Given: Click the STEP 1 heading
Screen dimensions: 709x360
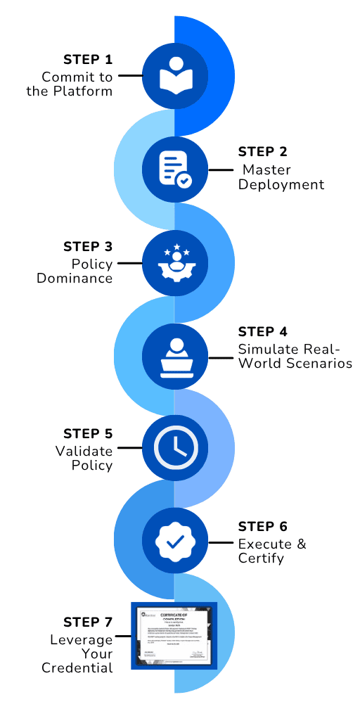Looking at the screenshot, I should [87, 59].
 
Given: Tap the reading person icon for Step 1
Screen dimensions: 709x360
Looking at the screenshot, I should [174, 75].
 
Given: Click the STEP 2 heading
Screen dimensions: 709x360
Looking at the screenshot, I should [263, 152].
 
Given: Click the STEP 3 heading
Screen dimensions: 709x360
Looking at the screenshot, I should [87, 246].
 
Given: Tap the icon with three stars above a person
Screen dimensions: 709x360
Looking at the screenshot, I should [174, 262].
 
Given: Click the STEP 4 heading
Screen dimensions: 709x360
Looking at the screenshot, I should [263, 332].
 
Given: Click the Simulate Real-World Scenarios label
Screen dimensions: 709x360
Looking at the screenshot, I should [294, 357].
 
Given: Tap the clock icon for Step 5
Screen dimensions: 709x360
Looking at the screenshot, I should [174, 447].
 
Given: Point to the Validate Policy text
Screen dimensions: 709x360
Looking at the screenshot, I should [84, 458].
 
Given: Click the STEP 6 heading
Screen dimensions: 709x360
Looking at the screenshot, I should [263, 527].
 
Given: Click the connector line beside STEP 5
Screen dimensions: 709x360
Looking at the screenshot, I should [129, 447].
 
